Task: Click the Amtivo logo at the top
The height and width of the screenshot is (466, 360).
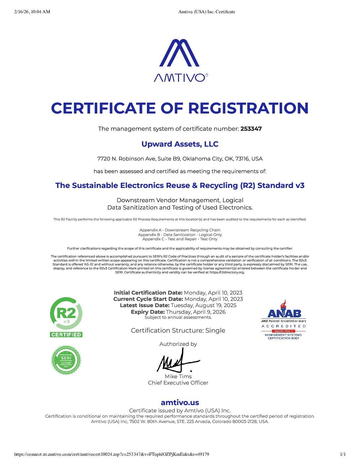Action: (x=180, y=60)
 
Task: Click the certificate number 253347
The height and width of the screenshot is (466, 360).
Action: (x=251, y=129)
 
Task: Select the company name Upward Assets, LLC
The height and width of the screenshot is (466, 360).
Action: (x=180, y=144)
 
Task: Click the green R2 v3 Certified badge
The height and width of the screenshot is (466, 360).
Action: (x=66, y=317)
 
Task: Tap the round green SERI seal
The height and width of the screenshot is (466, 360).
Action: (x=66, y=360)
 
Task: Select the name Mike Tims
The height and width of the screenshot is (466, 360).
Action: (x=178, y=376)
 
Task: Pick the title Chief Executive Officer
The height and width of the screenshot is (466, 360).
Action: (x=178, y=383)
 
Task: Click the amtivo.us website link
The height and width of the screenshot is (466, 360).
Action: (x=180, y=402)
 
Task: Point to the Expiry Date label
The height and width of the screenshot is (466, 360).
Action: (x=148, y=312)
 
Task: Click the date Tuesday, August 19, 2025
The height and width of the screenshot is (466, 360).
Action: (x=203, y=305)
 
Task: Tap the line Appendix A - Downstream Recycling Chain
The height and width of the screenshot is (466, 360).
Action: (x=180, y=230)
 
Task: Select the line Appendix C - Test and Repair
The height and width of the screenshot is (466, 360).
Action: (x=180, y=239)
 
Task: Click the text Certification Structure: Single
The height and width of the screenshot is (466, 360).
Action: (x=178, y=330)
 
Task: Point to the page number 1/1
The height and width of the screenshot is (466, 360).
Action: (x=343, y=454)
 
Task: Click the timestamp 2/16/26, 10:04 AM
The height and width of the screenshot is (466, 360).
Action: (x=32, y=12)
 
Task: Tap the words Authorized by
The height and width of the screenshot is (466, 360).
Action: (x=178, y=344)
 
